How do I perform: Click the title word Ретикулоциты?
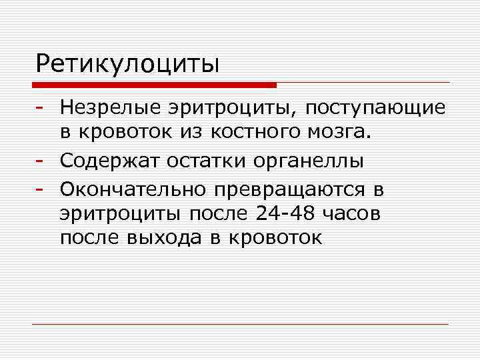(128, 64)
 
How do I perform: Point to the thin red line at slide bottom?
(240, 324)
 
